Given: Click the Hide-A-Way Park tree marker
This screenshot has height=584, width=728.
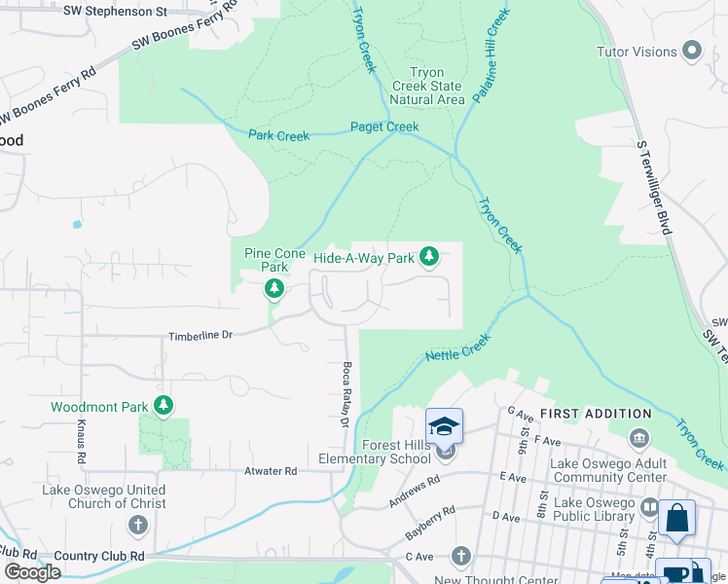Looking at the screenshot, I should click(x=429, y=258).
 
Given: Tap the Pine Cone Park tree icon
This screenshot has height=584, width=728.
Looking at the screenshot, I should click(x=274, y=288).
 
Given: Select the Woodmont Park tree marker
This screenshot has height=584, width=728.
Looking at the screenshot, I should click(x=164, y=404).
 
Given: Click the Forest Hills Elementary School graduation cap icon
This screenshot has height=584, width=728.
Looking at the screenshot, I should click(x=444, y=426).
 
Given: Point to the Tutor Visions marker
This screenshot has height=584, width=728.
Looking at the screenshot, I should click(x=693, y=51).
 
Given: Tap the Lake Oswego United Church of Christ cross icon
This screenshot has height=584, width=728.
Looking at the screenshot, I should click(x=138, y=526).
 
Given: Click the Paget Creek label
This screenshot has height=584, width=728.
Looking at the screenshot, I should click(x=384, y=128).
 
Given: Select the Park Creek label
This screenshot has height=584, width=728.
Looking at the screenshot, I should click(x=278, y=136).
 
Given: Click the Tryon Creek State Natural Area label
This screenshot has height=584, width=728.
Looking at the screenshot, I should click(x=427, y=86).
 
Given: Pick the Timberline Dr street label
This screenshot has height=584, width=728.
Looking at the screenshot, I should click(x=200, y=334).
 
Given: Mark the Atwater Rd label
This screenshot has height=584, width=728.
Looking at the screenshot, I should click(x=270, y=470).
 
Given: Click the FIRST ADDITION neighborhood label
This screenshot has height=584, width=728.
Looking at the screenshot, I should click(x=596, y=415).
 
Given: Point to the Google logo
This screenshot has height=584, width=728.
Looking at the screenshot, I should click(x=32, y=572).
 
